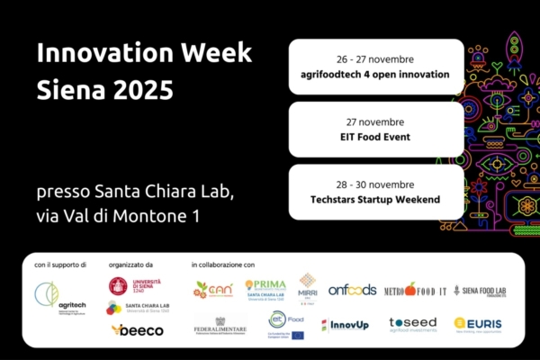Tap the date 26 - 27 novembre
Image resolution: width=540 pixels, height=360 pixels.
click(376, 57)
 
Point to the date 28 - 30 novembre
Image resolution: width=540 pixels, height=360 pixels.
click(376, 183)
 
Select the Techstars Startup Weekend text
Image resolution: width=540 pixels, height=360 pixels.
click(376, 199)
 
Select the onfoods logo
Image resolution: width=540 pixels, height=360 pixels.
click(352, 289)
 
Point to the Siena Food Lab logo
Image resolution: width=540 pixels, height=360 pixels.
click(479, 290)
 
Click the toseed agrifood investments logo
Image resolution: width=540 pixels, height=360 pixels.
click(412, 325)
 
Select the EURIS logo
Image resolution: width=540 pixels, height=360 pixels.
click(478, 325)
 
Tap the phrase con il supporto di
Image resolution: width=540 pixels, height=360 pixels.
click(60, 265)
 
